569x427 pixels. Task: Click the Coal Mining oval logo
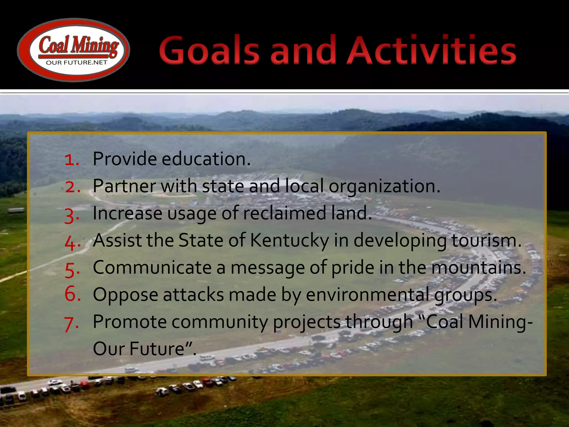(x=73, y=50)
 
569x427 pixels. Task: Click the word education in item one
(x=206, y=159)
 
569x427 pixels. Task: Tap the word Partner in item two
(x=124, y=186)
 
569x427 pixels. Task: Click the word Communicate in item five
(x=152, y=267)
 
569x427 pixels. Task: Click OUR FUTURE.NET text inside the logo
(x=76, y=63)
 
